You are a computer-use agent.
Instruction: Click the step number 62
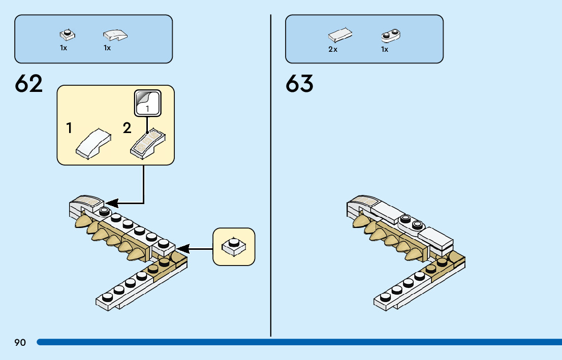click(x=29, y=84)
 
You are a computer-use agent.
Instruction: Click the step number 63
click(x=299, y=84)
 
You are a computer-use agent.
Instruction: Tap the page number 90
click(x=20, y=343)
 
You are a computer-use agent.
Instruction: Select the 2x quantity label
click(x=333, y=49)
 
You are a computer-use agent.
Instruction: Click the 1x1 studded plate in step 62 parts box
click(x=67, y=35)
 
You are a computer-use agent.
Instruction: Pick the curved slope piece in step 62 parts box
click(x=115, y=35)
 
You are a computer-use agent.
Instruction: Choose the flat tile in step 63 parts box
click(x=340, y=35)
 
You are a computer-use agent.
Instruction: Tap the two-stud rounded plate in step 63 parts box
click(x=391, y=36)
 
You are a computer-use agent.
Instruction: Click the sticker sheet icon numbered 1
click(x=147, y=103)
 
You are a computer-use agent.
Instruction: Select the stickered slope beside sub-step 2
click(x=149, y=143)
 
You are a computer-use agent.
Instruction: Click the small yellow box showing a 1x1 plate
click(x=234, y=247)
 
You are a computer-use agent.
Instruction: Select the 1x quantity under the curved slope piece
click(x=107, y=48)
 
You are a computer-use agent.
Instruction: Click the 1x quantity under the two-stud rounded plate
click(x=385, y=49)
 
